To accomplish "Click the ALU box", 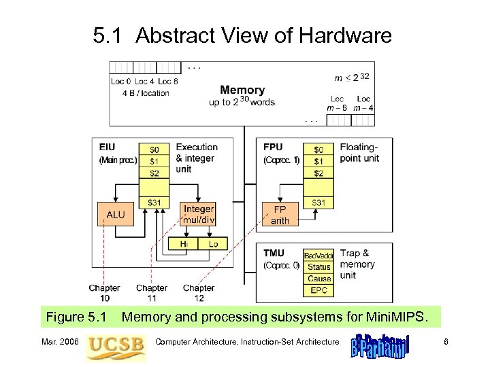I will click(x=115, y=215).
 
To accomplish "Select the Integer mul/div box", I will click(x=199, y=215).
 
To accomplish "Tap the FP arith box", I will click(x=280, y=215).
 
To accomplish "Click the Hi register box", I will click(x=184, y=243).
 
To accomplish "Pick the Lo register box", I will click(x=213, y=243).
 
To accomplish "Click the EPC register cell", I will click(x=318, y=290).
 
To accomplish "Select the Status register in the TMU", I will click(x=318, y=267).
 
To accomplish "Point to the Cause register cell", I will click(x=318, y=279).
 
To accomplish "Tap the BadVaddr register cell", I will click(x=318, y=256).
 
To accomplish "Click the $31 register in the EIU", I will click(x=154, y=203).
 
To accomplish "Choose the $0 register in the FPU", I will click(x=318, y=149).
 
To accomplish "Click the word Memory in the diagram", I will click(x=242, y=90).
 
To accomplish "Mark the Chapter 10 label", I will click(x=104, y=293).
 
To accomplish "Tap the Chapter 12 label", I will click(x=198, y=293).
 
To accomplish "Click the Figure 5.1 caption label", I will click(x=76, y=317).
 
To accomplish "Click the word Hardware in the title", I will click(x=346, y=35).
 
